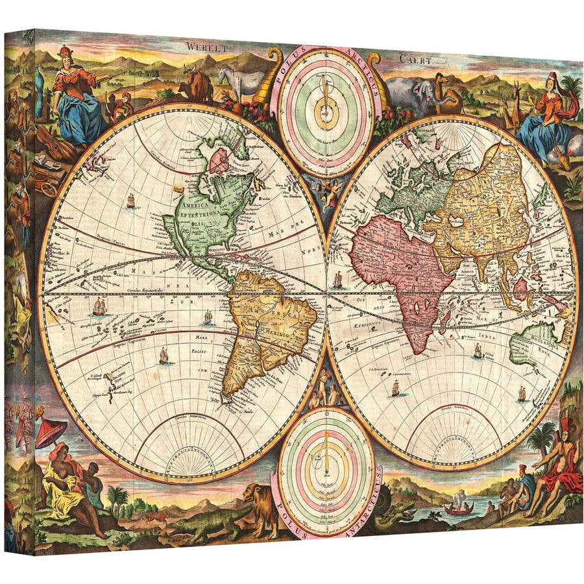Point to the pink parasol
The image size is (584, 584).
50,432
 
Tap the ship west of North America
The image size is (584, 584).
131,201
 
